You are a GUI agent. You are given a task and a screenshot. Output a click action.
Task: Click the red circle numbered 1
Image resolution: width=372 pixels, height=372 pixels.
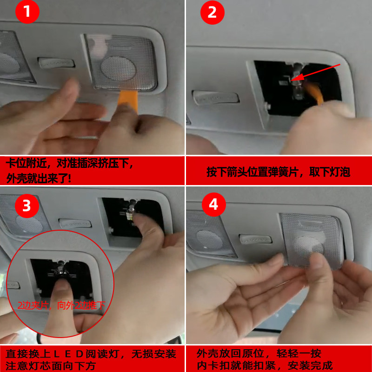tap(27, 12)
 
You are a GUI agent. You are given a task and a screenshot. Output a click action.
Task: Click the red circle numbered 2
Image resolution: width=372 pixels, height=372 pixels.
tap(213, 13)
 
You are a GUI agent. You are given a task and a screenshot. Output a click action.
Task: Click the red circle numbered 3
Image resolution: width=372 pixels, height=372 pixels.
tap(27, 206)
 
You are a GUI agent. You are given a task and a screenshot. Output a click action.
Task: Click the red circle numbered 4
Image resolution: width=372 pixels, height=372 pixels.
tap(214, 205)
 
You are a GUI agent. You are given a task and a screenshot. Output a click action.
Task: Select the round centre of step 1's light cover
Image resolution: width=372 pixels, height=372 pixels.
tap(118, 69)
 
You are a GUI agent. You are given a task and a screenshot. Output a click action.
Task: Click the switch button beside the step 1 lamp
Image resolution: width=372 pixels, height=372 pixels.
tap(56, 63)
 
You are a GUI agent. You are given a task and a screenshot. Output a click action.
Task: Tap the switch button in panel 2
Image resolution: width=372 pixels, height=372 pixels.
tap(216, 97)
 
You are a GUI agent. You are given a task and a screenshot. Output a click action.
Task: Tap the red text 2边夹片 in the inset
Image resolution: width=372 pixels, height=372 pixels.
tap(33, 306)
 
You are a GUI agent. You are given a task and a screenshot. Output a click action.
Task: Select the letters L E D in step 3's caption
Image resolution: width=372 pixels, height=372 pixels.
tap(68, 354)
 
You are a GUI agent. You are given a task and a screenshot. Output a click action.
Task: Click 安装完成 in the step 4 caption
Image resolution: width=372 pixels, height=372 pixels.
tap(310, 365)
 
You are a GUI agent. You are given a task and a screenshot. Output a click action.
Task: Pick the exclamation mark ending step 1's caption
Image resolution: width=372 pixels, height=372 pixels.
tap(69, 178)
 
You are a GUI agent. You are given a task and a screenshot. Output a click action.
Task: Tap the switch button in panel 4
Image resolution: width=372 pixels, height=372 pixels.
tap(255, 239)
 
